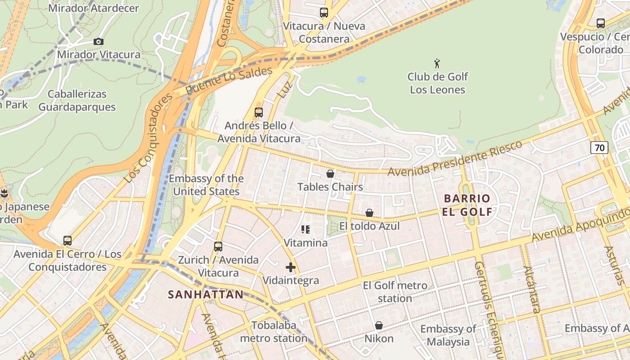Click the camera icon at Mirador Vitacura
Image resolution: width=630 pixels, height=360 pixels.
point(99,42)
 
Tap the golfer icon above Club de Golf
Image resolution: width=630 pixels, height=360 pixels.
point(437,63)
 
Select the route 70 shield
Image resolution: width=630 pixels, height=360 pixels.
point(599,147)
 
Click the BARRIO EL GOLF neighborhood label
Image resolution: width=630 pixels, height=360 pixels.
point(467,205)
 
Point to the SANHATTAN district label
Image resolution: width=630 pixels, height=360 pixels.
point(206,295)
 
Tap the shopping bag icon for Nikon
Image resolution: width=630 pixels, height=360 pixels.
point(379,325)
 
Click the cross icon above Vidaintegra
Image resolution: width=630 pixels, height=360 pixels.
point(291,267)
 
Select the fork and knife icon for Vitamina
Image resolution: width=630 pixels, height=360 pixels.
point(306,230)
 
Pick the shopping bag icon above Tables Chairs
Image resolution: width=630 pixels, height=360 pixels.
point(330,174)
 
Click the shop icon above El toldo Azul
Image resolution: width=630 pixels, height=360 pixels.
point(369,213)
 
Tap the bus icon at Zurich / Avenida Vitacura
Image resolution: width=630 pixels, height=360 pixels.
point(218,247)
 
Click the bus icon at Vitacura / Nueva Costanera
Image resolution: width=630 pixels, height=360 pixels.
point(324,13)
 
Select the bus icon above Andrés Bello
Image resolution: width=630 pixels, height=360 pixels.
point(259,112)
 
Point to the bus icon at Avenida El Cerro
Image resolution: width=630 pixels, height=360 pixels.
point(67,241)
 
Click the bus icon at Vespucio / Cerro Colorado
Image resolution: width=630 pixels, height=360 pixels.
point(601,23)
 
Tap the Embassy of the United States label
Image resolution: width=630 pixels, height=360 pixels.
point(206,185)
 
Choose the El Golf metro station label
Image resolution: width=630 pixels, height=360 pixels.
point(395,292)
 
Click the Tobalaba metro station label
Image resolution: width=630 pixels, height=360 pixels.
point(274,332)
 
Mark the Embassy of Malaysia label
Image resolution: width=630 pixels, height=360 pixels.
point(448,335)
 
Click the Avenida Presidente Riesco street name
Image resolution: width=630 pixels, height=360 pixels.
point(454,158)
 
